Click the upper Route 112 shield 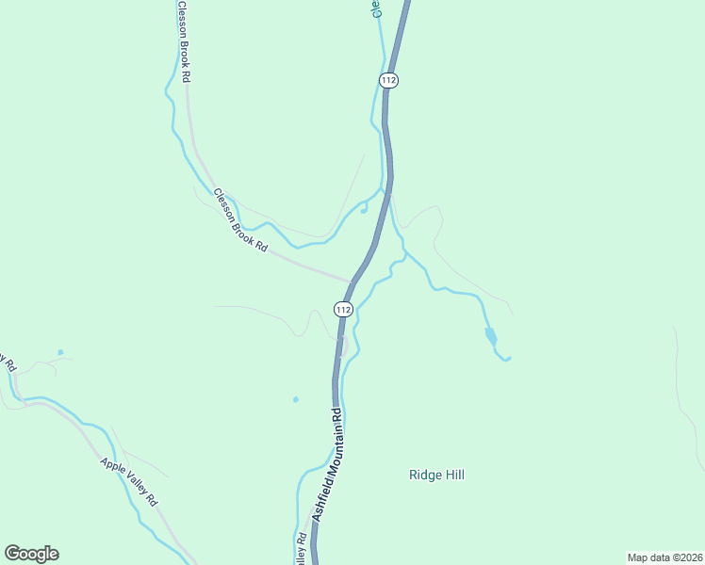(x=389, y=80)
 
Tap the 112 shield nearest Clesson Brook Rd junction (x=343, y=309)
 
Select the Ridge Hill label (x=436, y=475)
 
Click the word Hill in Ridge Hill (x=454, y=475)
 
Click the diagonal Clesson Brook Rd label (x=240, y=220)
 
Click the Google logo (x=31, y=554)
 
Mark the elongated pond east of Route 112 (x=490, y=335)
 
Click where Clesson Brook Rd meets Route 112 (x=351, y=281)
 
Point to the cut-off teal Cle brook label (x=375, y=8)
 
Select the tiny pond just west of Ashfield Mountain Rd (x=295, y=399)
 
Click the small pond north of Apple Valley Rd (x=60, y=353)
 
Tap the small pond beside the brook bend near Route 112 (x=364, y=210)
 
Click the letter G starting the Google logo (x=12, y=554)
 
